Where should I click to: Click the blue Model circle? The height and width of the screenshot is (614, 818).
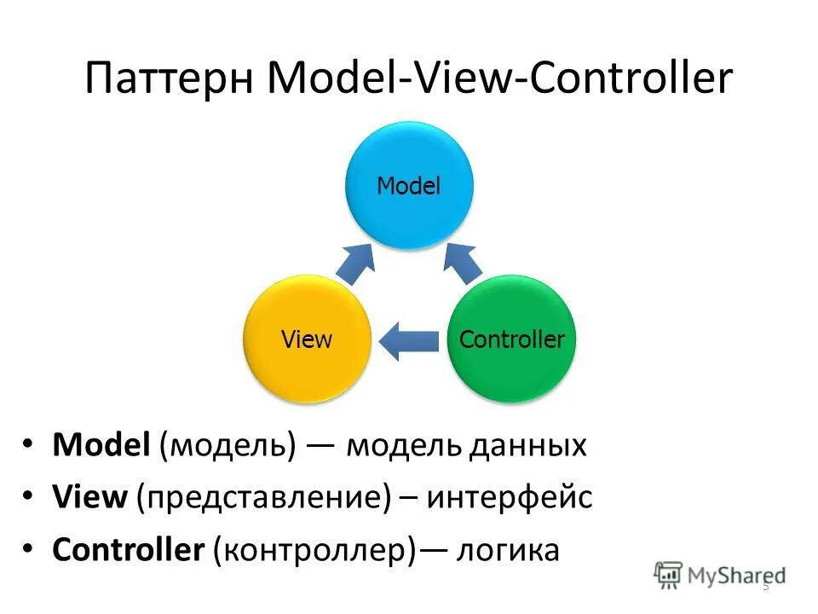point(409,186)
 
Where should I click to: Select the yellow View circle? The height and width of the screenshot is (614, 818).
point(307,339)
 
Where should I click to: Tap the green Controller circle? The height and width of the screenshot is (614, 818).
point(512,339)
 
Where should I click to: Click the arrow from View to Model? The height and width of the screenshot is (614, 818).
point(354,264)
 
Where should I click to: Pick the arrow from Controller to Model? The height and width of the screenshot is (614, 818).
point(463,264)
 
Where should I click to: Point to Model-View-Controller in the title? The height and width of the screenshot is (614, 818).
point(499,79)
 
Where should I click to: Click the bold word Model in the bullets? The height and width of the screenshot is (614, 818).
point(101,446)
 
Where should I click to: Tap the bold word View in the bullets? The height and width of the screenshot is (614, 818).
point(89,498)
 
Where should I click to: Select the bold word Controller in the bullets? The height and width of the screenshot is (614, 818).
point(128,550)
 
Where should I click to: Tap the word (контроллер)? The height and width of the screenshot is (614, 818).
point(314,551)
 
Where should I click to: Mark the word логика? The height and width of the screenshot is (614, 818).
point(509,551)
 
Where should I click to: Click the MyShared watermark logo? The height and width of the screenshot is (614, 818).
point(720,575)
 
